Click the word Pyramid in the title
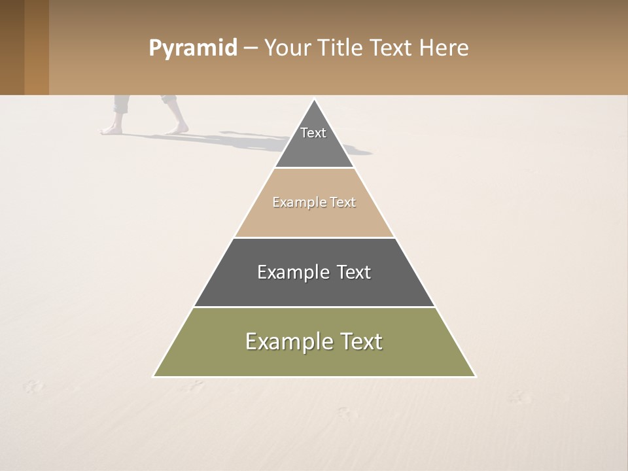click(x=192, y=48)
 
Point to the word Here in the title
click(x=444, y=48)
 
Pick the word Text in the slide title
click(x=391, y=48)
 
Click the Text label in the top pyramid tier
click(x=313, y=133)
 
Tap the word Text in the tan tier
click(x=343, y=202)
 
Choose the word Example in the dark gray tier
click(x=292, y=272)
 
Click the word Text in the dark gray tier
click(x=353, y=272)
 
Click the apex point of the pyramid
click(x=314, y=100)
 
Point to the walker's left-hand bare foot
click(x=111, y=130)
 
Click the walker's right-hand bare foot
click(x=177, y=129)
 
